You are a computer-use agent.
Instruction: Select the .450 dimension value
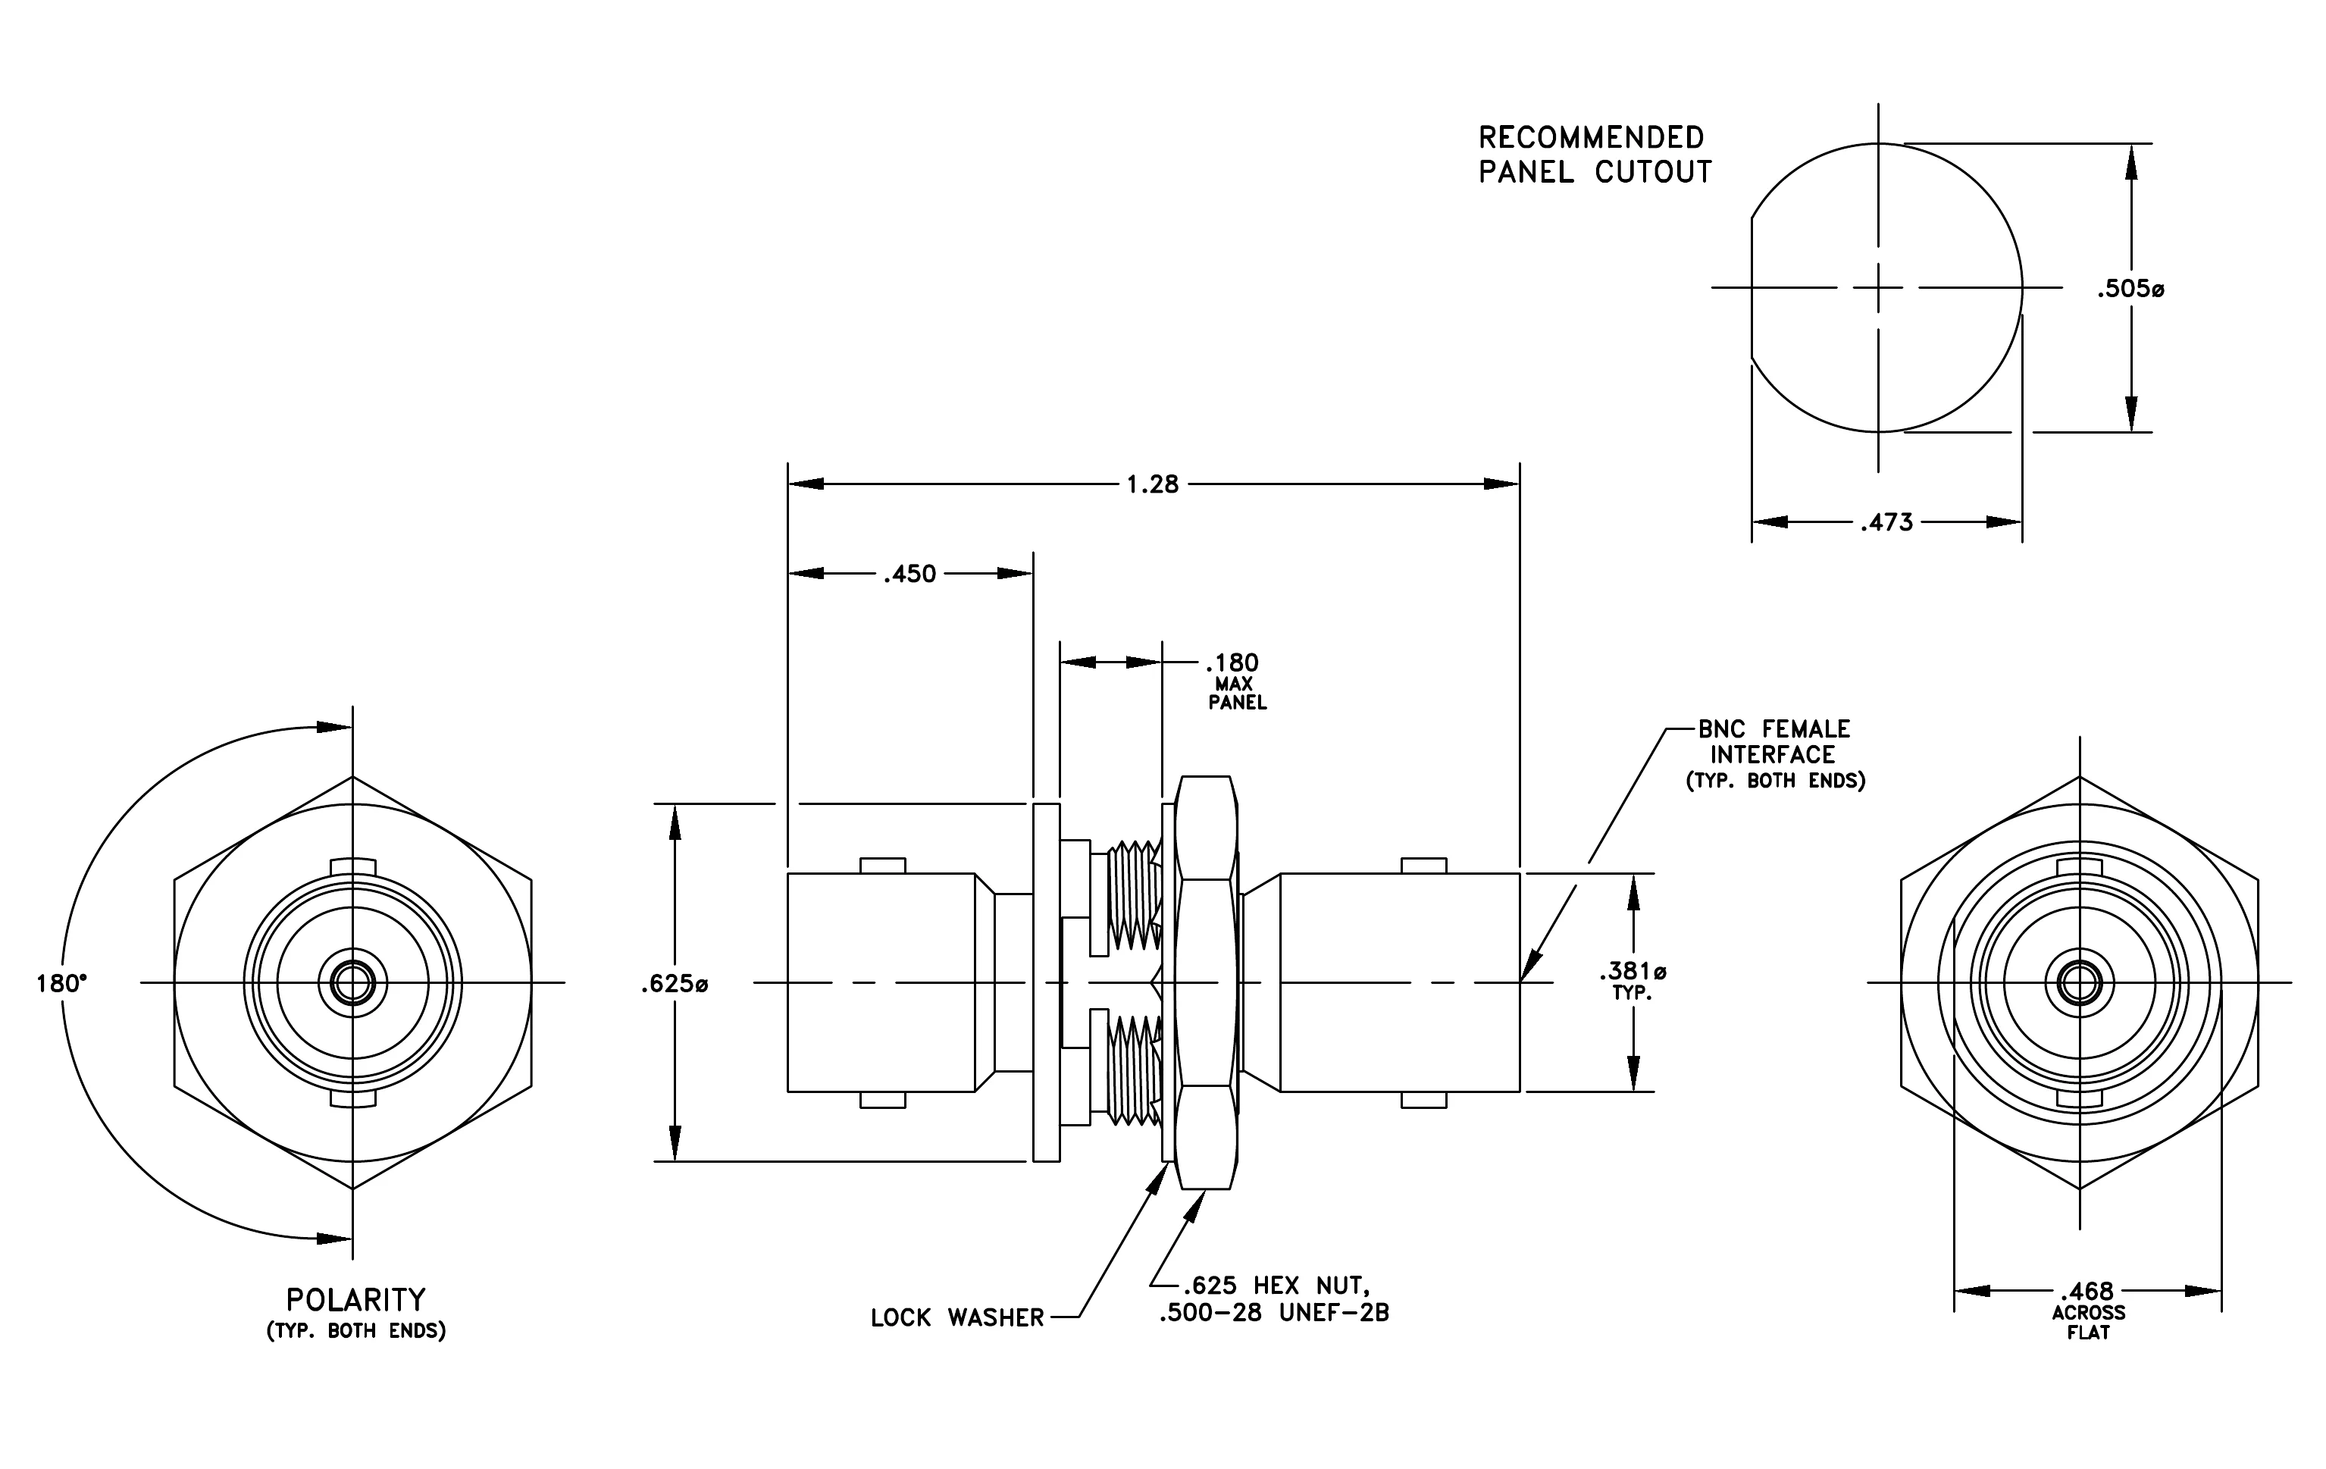pos(910,574)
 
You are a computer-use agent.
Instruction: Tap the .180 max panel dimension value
pos(1232,663)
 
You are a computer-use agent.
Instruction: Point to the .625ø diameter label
pos(675,984)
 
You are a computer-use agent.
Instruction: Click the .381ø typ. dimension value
pos(1633,971)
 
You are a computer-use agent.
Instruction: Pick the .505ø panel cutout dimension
pos(2130,288)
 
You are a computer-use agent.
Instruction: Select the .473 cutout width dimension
pos(1886,522)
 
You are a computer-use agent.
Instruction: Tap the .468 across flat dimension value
pos(2087,1292)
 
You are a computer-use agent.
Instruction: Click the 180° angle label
pos(61,983)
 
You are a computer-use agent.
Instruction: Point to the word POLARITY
pos(355,1300)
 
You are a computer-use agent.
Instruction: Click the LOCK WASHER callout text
pos(957,1318)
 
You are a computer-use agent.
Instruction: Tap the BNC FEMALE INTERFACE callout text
pos(1774,742)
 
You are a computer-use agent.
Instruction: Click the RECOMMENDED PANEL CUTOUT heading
pos(1595,155)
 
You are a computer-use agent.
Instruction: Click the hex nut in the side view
pos(1207,982)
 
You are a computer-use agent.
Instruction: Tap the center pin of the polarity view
pos(352,983)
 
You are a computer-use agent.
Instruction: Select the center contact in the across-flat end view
pos(2079,983)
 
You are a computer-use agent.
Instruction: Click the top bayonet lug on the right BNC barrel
pos(1424,866)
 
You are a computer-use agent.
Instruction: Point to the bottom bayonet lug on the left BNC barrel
pos(883,1099)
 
